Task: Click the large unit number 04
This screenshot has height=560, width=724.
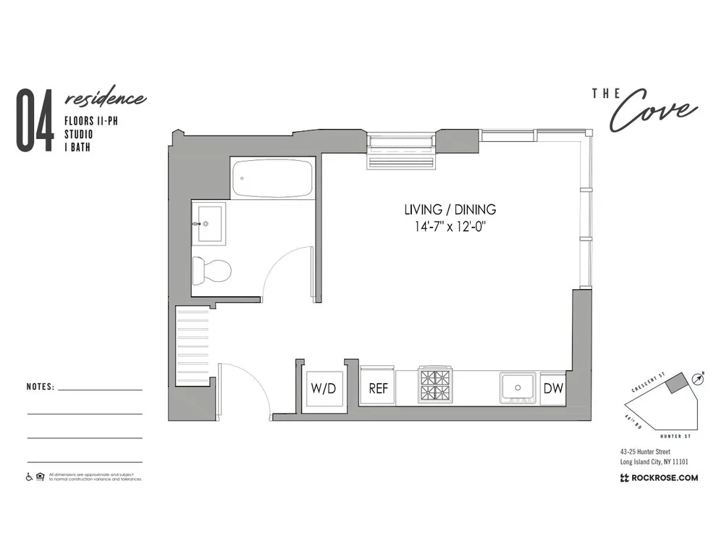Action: tap(35, 121)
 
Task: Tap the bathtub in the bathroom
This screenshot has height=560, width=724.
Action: tap(273, 179)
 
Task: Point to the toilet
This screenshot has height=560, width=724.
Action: tap(212, 271)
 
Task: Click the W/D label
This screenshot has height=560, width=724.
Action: tap(323, 388)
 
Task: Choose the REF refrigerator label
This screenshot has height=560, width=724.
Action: tap(379, 388)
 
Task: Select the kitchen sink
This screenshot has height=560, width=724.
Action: tap(518, 386)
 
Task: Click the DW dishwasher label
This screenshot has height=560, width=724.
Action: tap(553, 388)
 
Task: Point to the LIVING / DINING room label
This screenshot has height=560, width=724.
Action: tap(450, 209)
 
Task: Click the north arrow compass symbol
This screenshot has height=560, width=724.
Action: tap(698, 378)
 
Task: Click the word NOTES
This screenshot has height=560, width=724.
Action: tap(40, 387)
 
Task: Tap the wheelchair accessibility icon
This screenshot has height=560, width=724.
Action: tap(30, 477)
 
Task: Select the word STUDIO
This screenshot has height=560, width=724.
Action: tap(79, 134)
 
